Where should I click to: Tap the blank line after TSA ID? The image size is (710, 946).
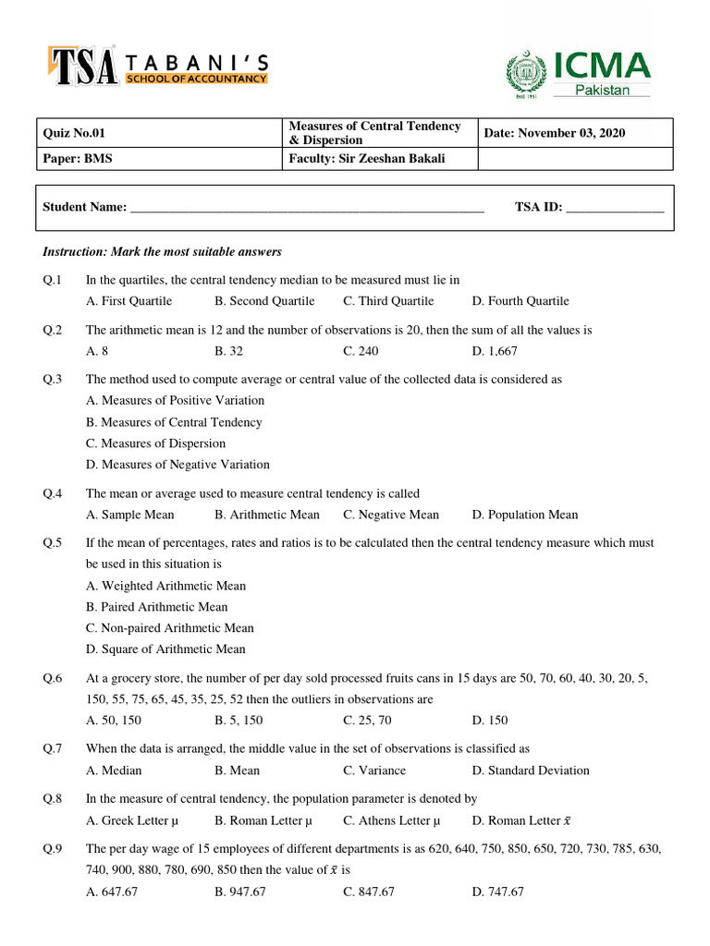pyautogui.click(x=615, y=208)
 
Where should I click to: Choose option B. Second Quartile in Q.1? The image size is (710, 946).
pyautogui.click(x=264, y=301)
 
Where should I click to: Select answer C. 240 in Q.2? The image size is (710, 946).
pyautogui.click(x=361, y=351)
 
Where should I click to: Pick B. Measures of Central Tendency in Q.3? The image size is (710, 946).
pyautogui.click(x=174, y=422)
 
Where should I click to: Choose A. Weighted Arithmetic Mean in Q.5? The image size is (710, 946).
pyautogui.click(x=166, y=586)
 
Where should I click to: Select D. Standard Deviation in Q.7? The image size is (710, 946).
pyautogui.click(x=530, y=770)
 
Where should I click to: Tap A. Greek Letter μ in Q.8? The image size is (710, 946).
pyautogui.click(x=131, y=820)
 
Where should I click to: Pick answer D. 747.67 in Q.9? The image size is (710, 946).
pyautogui.click(x=497, y=891)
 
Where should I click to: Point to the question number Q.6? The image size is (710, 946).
pyautogui.click(x=53, y=678)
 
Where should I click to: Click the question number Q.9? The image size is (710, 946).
pyautogui.click(x=53, y=849)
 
